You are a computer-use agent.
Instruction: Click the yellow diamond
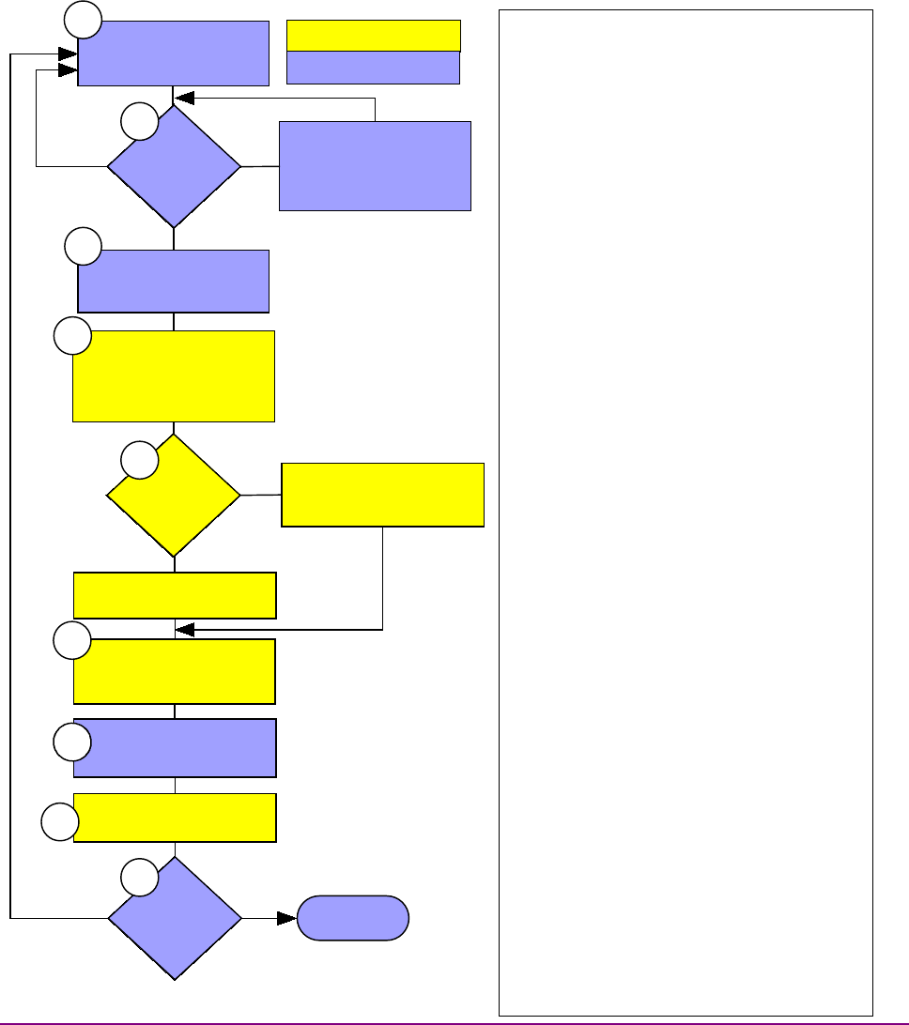coord(174,495)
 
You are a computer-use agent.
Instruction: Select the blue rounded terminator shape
coord(352,918)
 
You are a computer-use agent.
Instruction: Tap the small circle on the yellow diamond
coord(140,460)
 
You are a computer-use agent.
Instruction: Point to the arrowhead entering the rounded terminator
coord(286,918)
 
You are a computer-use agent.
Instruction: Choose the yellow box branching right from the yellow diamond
coord(383,494)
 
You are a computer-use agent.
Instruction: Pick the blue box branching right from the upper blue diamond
coord(375,165)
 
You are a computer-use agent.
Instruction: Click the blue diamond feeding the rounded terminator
coord(174,918)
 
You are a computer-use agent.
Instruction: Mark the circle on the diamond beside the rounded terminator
coord(140,878)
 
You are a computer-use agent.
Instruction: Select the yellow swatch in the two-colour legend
coord(373,35)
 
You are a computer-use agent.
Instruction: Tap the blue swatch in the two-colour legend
coord(373,68)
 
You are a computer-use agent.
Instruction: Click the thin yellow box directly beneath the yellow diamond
coord(175,595)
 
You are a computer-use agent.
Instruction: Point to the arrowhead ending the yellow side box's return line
coord(185,629)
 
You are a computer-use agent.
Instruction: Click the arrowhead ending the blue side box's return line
coord(184,97)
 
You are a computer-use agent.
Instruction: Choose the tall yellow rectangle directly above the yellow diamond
coord(174,375)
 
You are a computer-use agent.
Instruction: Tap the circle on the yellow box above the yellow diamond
coord(72,336)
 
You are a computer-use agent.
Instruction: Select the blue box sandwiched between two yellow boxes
coord(175,748)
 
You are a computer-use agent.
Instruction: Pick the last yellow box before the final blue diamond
coord(175,817)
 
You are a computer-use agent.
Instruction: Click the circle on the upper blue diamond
coord(140,123)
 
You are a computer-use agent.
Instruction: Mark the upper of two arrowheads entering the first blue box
coord(68,54)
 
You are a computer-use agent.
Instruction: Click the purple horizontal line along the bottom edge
coord(454,1022)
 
